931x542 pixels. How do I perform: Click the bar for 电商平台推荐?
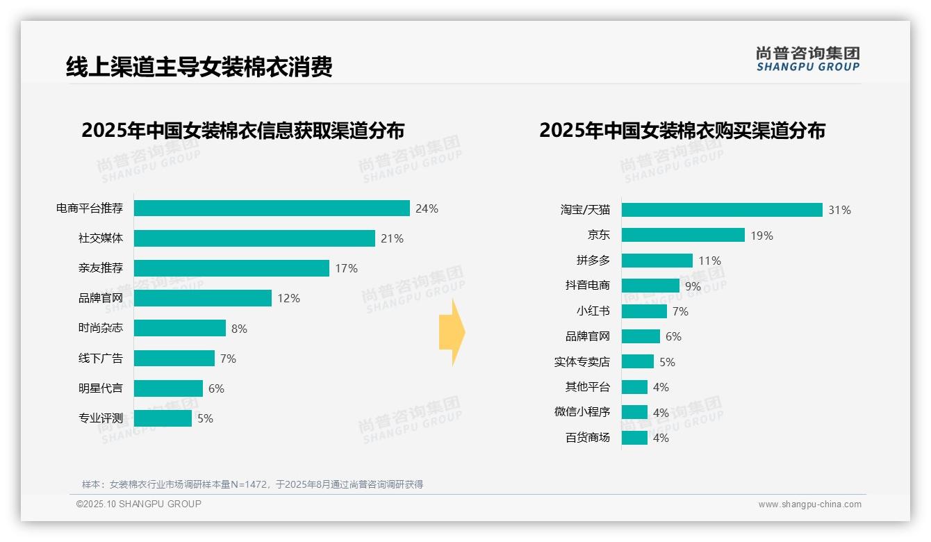click(x=272, y=208)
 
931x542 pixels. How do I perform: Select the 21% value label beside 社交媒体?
click(x=392, y=238)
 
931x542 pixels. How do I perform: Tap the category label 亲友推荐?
click(x=101, y=268)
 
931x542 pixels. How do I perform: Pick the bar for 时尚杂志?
click(x=180, y=328)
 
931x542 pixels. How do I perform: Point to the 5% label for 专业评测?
click(x=205, y=418)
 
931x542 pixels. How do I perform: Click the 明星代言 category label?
click(x=101, y=388)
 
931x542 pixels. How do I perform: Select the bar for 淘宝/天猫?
click(x=722, y=210)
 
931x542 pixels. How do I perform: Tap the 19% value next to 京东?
click(x=761, y=236)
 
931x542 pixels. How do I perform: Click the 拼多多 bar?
click(x=657, y=261)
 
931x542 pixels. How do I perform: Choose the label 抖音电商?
click(x=588, y=286)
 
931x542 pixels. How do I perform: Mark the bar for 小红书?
click(x=644, y=311)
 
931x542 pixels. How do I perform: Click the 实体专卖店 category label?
click(x=582, y=361)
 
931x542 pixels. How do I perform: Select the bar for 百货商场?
click(x=634, y=438)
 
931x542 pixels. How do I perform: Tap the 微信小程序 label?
click(x=582, y=412)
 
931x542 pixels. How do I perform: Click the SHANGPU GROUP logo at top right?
click(x=807, y=59)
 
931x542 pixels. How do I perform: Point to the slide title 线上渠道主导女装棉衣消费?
click(x=199, y=67)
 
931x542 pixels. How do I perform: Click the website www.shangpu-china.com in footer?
click(x=809, y=504)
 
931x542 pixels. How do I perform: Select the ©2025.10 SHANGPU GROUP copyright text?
click(x=139, y=504)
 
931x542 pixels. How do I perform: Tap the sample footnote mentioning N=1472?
click(x=253, y=484)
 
